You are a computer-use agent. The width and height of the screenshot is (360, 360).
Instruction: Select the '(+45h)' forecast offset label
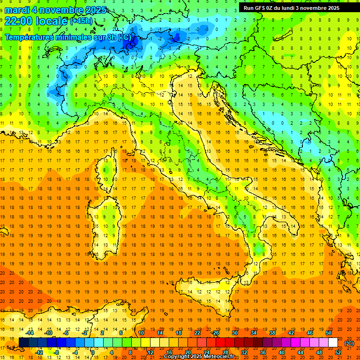click(x=81, y=21)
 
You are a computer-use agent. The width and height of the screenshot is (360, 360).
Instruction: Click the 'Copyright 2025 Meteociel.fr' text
click(x=199, y=357)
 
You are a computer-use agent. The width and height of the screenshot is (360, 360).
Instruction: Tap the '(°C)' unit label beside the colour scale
click(x=349, y=343)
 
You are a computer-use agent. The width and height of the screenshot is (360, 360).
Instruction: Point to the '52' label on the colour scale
click(x=338, y=352)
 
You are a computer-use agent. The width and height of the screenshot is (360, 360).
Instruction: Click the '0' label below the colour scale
click(x=93, y=352)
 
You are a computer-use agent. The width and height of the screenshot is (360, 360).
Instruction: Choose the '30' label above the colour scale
click(x=235, y=333)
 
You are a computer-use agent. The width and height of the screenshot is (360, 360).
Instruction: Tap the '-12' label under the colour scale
click(x=39, y=352)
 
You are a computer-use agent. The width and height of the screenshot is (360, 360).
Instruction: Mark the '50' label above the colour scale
click(x=329, y=333)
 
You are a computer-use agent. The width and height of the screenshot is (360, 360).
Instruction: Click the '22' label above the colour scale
click(x=197, y=333)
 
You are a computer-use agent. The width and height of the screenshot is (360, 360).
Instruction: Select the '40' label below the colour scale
click(x=282, y=352)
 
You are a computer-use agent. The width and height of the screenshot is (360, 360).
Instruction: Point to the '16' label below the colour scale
click(x=169, y=352)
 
